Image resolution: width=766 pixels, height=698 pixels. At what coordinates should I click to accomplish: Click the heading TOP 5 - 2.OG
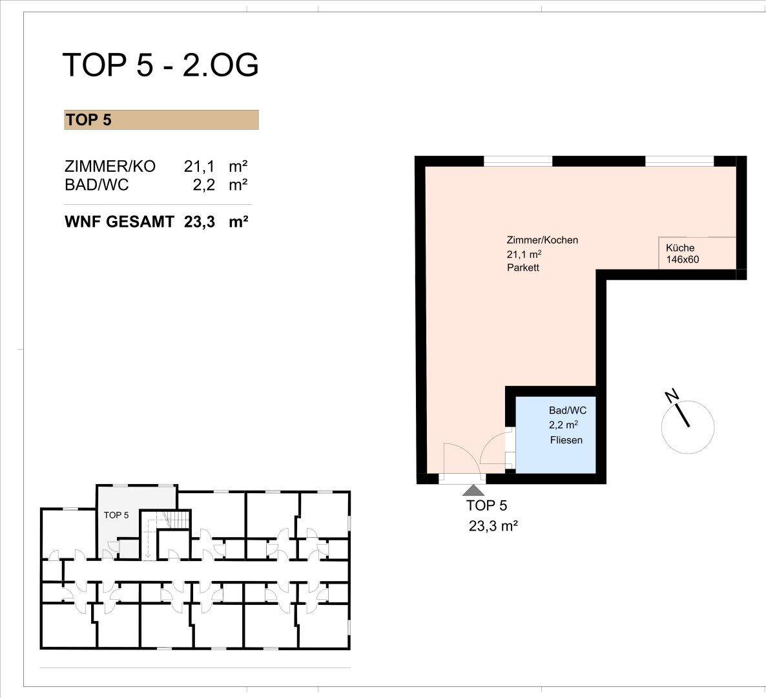click(x=160, y=65)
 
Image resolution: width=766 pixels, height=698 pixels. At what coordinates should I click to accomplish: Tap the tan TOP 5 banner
click(x=161, y=120)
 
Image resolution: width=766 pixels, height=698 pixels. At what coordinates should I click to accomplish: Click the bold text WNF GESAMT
click(x=119, y=222)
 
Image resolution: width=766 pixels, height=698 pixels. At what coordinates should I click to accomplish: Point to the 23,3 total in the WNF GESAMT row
click(x=200, y=222)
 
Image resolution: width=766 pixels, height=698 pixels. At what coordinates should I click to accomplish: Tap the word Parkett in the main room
click(x=523, y=268)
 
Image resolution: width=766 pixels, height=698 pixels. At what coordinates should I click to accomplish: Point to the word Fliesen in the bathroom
click(x=566, y=440)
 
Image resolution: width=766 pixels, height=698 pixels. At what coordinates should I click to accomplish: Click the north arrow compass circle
click(x=687, y=426)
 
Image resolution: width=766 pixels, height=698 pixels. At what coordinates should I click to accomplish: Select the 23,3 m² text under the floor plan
click(x=493, y=526)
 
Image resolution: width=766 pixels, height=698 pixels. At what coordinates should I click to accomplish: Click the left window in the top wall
click(x=518, y=161)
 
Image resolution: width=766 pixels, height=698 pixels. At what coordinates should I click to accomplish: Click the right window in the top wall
click(x=679, y=161)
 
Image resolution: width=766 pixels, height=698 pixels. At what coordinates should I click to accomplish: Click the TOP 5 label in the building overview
click(x=116, y=515)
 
